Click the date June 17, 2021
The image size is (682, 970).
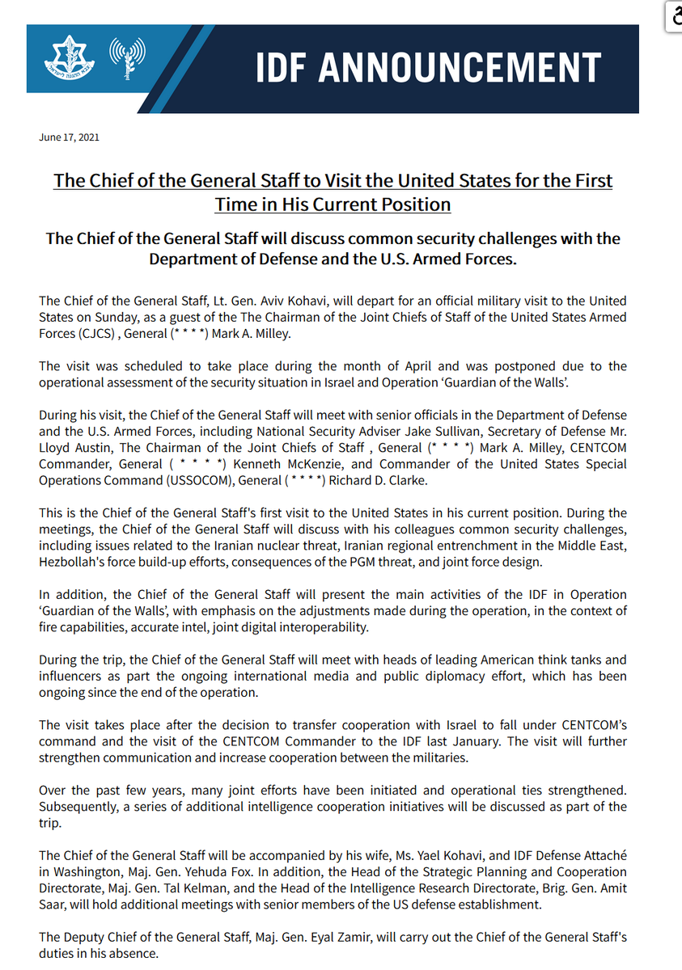[x=69, y=137]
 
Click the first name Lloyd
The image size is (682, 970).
[x=56, y=448]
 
